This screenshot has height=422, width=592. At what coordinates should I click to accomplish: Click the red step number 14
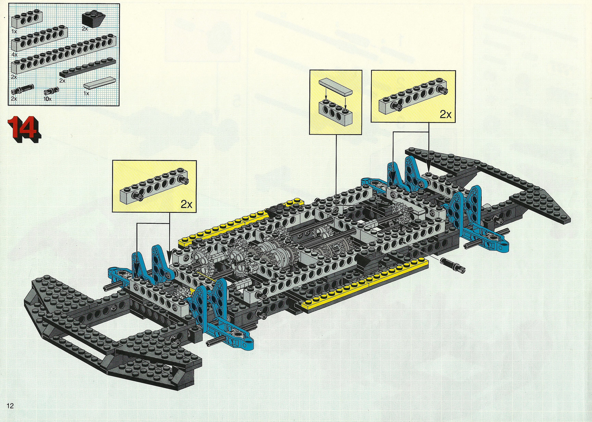[24, 129]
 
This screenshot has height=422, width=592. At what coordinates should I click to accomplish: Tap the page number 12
[10, 406]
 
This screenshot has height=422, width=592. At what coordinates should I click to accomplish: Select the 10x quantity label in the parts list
[48, 99]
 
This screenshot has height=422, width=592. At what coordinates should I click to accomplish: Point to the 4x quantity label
[14, 54]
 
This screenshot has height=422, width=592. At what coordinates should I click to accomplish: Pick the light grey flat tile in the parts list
[99, 84]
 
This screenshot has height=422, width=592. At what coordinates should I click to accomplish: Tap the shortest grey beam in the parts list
[27, 20]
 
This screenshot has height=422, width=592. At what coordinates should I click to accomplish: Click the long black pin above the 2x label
[22, 89]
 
